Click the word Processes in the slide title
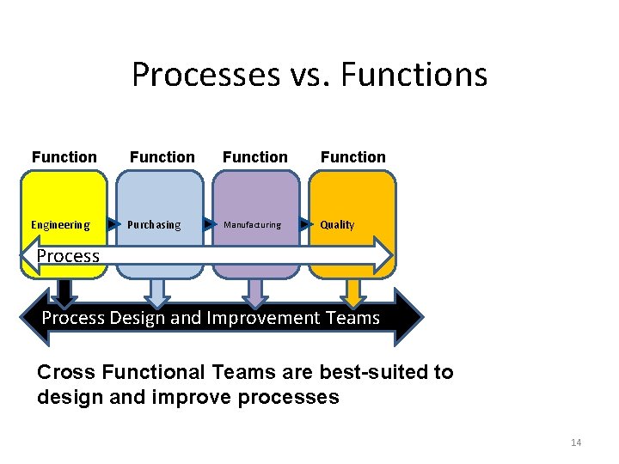click(206, 76)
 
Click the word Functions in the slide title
click(414, 76)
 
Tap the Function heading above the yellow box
click(64, 157)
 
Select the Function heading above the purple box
click(255, 157)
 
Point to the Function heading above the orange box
click(353, 157)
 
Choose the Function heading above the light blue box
click(162, 157)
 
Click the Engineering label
click(60, 225)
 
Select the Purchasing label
click(154, 225)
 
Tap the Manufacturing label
click(252, 225)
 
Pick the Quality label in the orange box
click(337, 225)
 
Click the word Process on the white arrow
click(69, 256)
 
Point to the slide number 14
click(576, 443)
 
